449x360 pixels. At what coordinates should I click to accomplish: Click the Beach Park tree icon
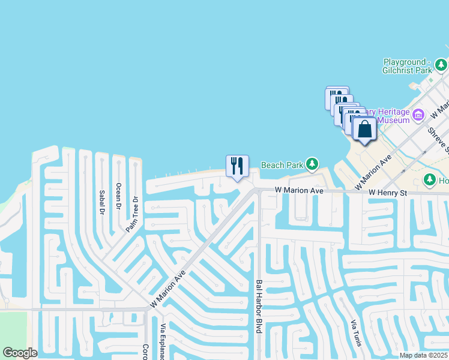(x=312, y=164)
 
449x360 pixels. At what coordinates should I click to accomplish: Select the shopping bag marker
(x=364, y=129)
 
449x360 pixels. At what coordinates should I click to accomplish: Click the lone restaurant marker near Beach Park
(x=237, y=166)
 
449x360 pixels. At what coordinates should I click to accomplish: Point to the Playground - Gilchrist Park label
(x=407, y=66)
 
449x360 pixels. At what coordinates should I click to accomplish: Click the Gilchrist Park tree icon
(x=441, y=64)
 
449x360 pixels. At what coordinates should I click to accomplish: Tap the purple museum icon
(x=418, y=114)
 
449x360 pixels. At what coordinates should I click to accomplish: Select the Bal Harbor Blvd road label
(x=259, y=306)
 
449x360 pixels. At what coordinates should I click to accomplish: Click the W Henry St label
(x=388, y=193)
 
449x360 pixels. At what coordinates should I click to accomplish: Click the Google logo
(x=20, y=353)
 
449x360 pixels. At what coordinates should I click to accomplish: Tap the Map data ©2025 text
(x=423, y=355)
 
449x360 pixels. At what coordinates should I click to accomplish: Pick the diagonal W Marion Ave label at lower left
(x=169, y=288)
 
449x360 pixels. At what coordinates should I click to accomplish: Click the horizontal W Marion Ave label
(x=299, y=190)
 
